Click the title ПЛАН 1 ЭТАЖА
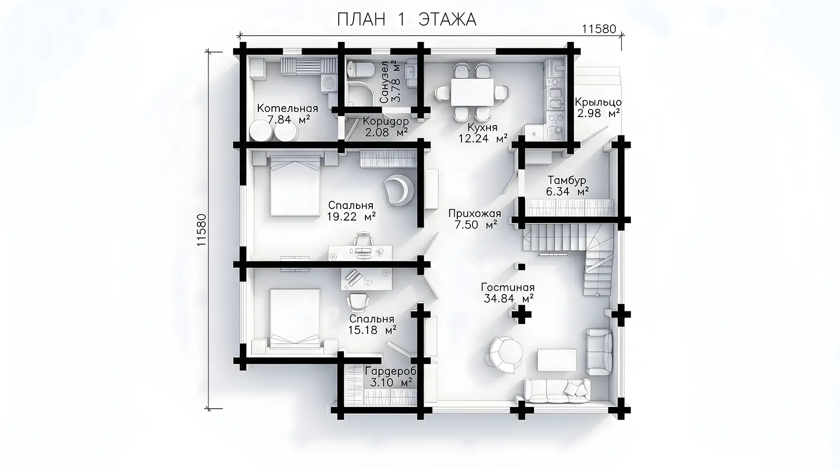(406, 19)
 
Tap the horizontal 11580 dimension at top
(599, 29)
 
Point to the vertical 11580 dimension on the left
(202, 230)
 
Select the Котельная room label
(287, 108)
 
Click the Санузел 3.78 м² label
(391, 82)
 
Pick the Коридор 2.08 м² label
(386, 127)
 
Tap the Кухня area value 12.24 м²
(483, 139)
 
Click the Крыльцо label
(598, 102)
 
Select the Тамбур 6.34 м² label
(567, 186)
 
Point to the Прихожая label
(475, 213)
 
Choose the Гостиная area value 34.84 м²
(509, 299)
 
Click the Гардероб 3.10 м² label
(391, 377)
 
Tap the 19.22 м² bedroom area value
(351, 216)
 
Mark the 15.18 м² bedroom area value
(372, 330)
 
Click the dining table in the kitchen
(472, 92)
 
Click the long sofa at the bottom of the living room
(556, 391)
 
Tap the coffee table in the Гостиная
(557, 360)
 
